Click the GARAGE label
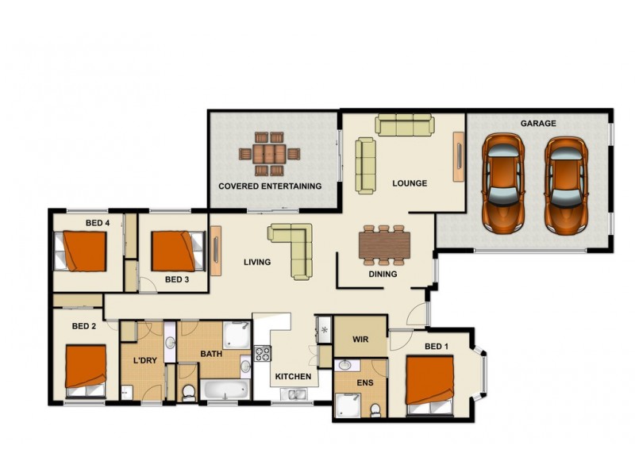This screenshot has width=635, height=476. pyautogui.click(x=537, y=124)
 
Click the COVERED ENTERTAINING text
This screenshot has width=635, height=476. pyautogui.click(x=270, y=186)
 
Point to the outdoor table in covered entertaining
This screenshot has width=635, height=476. pyautogui.click(x=270, y=153)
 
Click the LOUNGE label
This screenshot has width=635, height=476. pyautogui.click(x=410, y=183)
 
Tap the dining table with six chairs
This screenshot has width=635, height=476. pyautogui.click(x=385, y=245)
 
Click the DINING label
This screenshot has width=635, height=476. pyautogui.click(x=383, y=274)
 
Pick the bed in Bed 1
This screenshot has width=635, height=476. pyautogui.click(x=430, y=384)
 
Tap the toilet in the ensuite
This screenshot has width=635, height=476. pyautogui.click(x=375, y=409)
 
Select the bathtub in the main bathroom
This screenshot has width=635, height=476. pyautogui.click(x=224, y=390)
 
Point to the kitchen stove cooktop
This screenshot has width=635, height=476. pyautogui.click(x=262, y=355)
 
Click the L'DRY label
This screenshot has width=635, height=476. pyautogui.click(x=144, y=360)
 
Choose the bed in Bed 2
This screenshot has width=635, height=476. pyautogui.click(x=85, y=370)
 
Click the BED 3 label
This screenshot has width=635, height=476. pyautogui.click(x=177, y=279)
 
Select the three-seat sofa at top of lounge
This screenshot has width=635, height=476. pyautogui.click(x=404, y=125)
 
